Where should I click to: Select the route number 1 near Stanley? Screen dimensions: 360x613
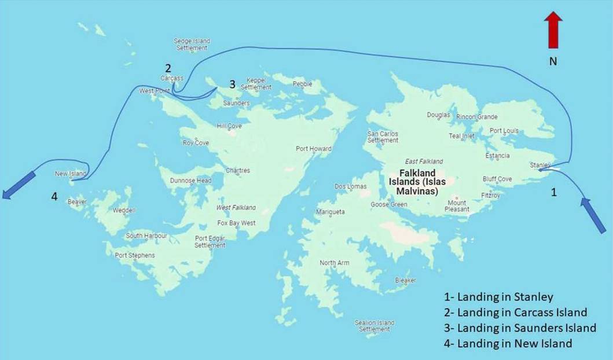tap(553, 193)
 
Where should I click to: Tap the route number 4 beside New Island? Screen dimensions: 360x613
tap(54, 197)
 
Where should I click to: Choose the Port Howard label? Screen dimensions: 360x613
tap(313, 149)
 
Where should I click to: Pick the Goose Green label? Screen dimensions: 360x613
tap(388, 204)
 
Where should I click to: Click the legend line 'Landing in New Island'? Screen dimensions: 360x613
tap(508, 343)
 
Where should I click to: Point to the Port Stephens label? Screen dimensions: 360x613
tap(134, 255)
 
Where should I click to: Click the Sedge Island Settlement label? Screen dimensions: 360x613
tap(192, 45)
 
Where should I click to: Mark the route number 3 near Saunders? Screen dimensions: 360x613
tap(232, 85)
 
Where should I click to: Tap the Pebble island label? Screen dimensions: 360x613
tap(302, 84)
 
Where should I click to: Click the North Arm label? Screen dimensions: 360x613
tap(335, 263)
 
